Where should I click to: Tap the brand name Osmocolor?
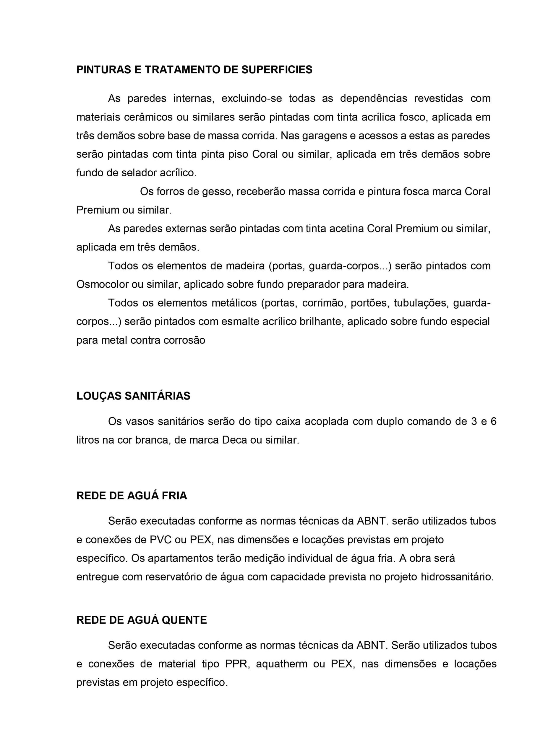coord(102,284)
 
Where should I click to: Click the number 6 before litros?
coord(493,421)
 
